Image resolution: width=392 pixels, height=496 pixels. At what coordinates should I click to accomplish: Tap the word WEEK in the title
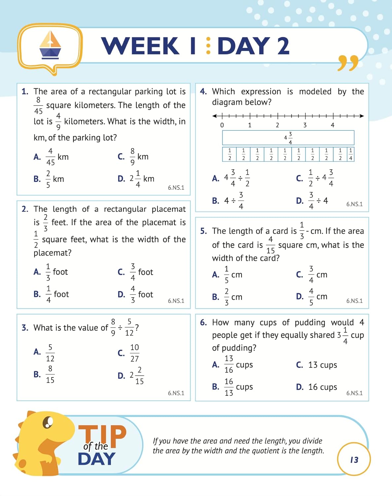point(140,46)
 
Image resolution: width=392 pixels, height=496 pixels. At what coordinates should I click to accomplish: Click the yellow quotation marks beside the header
point(348,63)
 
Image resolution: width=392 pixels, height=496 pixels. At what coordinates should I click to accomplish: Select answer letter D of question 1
point(121,179)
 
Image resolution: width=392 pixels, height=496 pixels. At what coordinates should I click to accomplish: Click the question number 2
point(25,209)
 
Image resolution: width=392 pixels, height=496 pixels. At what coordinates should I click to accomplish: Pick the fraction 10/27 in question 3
point(134,353)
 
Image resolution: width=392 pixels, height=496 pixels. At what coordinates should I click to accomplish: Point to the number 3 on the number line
point(305,125)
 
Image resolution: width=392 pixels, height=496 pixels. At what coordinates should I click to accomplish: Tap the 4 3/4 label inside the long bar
point(288,138)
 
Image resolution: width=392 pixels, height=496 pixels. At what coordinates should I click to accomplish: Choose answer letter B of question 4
point(215,201)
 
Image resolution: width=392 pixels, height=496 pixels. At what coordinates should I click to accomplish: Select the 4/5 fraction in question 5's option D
point(311,297)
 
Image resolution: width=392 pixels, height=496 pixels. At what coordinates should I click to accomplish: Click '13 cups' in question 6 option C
point(322,365)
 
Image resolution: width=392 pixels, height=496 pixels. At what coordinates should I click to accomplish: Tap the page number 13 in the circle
point(354,460)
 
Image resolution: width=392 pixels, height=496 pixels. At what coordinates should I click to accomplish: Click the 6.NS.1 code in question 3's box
point(176,393)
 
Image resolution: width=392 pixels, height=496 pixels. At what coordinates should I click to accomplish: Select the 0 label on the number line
point(222,125)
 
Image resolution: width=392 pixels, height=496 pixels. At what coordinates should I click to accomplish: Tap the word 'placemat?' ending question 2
point(53,253)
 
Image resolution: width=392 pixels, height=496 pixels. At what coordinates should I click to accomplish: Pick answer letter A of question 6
point(215,365)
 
